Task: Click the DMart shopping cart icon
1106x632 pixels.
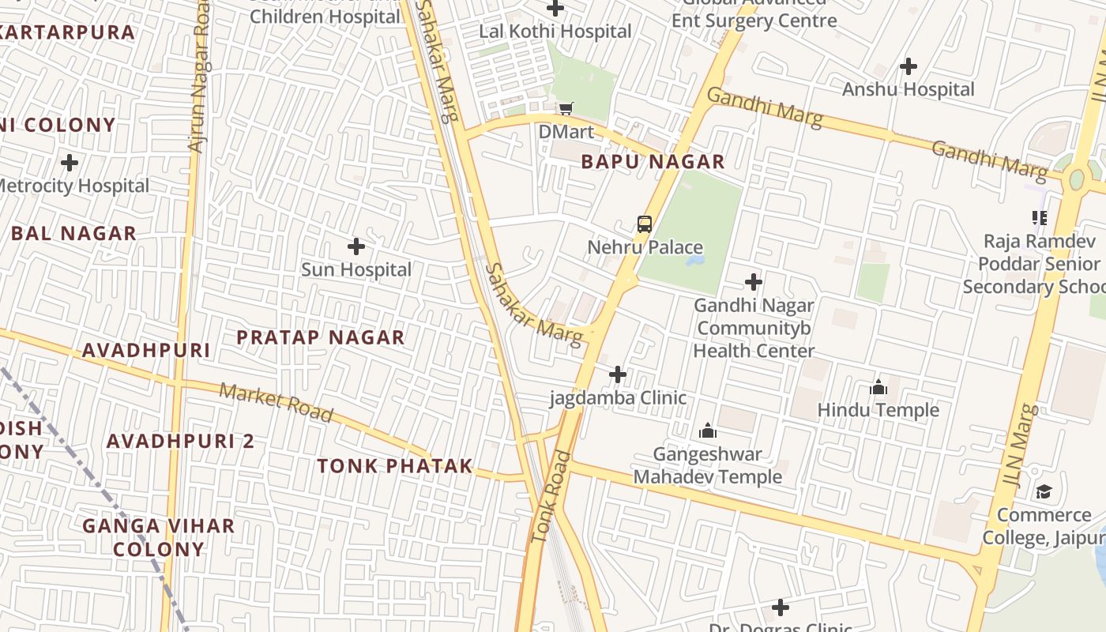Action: (x=566, y=108)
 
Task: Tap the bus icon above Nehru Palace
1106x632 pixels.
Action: (x=645, y=224)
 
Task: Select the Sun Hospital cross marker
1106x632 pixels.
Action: (x=356, y=246)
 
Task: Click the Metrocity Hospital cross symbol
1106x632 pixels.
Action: (x=70, y=163)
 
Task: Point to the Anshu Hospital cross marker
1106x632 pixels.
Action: (x=908, y=66)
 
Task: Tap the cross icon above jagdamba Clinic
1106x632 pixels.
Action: (x=618, y=374)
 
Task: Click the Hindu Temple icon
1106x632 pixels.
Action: (x=878, y=387)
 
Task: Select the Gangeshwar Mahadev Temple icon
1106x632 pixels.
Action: (x=708, y=431)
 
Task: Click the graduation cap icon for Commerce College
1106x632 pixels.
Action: (x=1044, y=492)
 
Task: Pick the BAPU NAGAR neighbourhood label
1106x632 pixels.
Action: (x=653, y=162)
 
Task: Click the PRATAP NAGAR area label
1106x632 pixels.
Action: (x=321, y=337)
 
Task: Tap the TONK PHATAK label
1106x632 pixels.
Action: (x=395, y=466)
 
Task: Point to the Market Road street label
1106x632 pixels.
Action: (x=276, y=402)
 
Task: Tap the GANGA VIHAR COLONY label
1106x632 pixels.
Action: (x=159, y=537)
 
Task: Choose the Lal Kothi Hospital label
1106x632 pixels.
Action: (x=555, y=32)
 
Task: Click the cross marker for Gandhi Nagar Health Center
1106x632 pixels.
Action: (x=754, y=282)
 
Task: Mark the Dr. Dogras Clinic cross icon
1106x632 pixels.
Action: (x=781, y=608)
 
